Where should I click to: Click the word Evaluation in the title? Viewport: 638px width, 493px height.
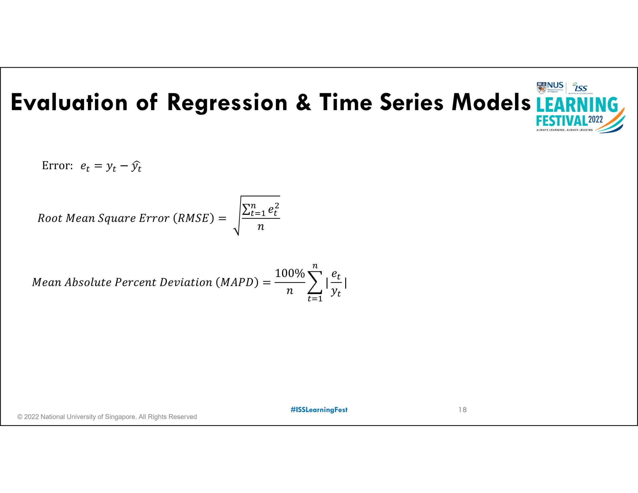pos(69,103)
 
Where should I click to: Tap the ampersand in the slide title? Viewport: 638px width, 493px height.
pos(303,103)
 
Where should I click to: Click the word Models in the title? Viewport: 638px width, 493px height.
pos(491,103)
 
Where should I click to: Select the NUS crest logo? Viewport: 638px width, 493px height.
pos(542,88)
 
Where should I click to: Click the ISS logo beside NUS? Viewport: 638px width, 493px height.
pos(580,88)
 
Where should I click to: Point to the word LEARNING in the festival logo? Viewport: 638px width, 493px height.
pos(577,105)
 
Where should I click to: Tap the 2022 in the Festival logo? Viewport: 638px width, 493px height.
pos(595,119)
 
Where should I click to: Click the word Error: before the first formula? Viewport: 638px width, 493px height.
pos(57,165)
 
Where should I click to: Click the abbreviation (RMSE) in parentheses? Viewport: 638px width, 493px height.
pos(194,218)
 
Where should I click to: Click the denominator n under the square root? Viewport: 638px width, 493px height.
pos(261,227)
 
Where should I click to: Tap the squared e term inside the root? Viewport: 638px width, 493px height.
pos(273,209)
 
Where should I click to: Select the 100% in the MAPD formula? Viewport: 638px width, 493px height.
pos(289,273)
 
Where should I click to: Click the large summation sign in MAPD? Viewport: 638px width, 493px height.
pos(315,282)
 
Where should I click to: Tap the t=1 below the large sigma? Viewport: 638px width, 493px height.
pos(315,299)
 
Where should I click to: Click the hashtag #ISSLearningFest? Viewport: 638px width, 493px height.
pos(319,410)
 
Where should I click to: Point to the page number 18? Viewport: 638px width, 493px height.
pos(462,410)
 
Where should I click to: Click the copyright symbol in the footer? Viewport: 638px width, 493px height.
pos(20,417)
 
